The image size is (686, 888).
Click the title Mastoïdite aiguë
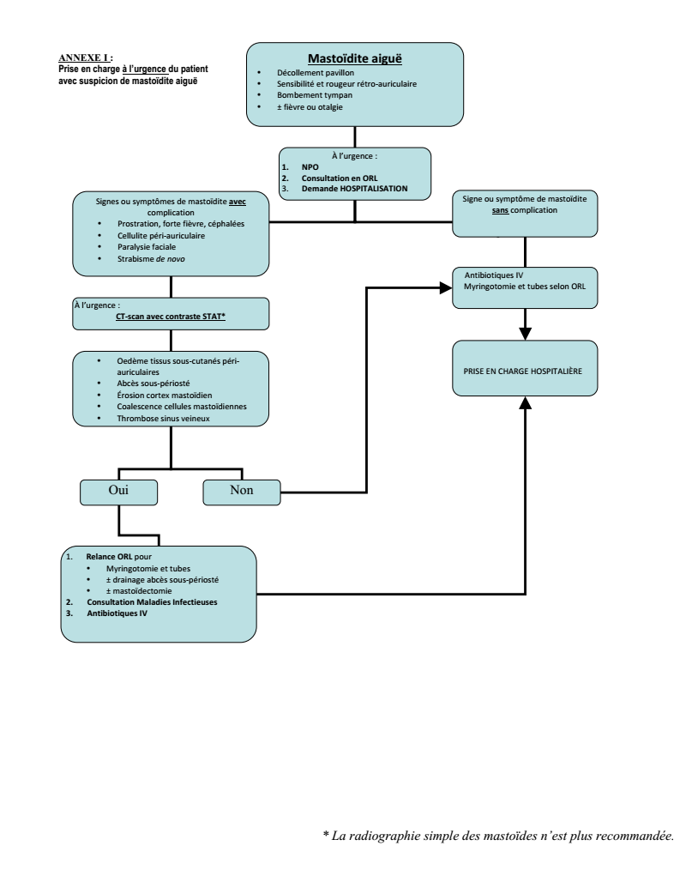pyautogui.click(x=355, y=58)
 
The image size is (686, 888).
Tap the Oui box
pyautogui.click(x=119, y=492)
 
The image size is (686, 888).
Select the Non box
pyautogui.click(x=242, y=492)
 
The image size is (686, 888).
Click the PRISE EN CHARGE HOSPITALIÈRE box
pyautogui.click(x=525, y=368)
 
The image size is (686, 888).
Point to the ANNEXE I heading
pyautogui.click(x=86, y=57)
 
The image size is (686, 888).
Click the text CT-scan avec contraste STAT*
pyautogui.click(x=171, y=317)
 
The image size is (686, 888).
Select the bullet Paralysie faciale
pyautogui.click(x=147, y=247)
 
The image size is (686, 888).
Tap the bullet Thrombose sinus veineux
pyautogui.click(x=163, y=419)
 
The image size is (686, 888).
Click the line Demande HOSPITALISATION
pyautogui.click(x=354, y=189)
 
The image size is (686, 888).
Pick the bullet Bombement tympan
pyautogui.click(x=315, y=95)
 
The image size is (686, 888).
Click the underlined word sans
pyautogui.click(x=500, y=210)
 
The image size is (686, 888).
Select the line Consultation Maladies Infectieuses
pyautogui.click(x=152, y=602)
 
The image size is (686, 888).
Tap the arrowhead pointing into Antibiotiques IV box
pyautogui.click(x=446, y=287)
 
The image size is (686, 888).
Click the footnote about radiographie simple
pyautogui.click(x=499, y=836)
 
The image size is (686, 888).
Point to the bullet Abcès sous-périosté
pyautogui.click(x=153, y=384)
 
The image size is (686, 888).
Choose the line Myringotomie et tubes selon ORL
pyautogui.click(x=525, y=287)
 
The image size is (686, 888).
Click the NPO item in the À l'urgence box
pyautogui.click(x=310, y=167)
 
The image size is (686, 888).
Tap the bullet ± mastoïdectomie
pyautogui.click(x=139, y=590)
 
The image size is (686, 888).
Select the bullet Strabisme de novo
pyautogui.click(x=151, y=259)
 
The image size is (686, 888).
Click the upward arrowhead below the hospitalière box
pyautogui.click(x=526, y=402)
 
